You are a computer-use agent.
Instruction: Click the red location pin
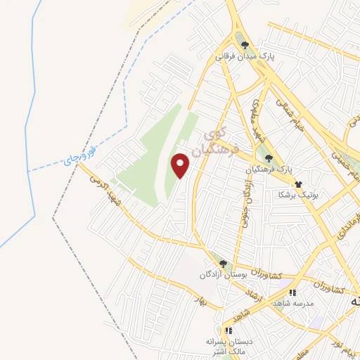click(181, 165)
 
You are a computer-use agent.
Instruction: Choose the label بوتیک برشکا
click(298, 194)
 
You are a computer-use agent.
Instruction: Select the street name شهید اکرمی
click(104, 191)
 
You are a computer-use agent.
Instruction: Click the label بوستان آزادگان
click(224, 274)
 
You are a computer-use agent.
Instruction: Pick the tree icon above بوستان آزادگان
click(223, 264)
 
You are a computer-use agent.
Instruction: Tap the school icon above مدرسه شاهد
click(292, 292)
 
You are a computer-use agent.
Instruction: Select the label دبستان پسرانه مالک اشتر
click(229, 345)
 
